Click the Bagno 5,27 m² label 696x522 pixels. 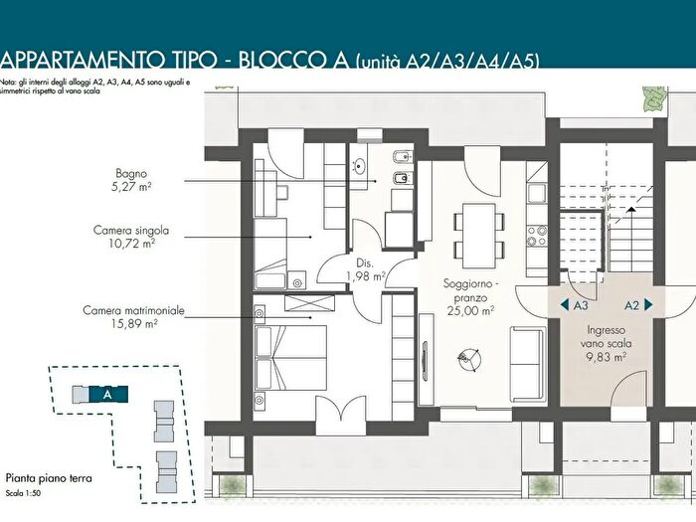click(131, 180)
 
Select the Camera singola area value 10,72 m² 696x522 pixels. click(132, 244)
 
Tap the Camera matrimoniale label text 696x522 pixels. click(133, 310)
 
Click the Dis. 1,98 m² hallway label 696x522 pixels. click(365, 269)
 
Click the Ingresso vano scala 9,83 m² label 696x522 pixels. click(606, 343)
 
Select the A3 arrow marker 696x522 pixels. click(575, 305)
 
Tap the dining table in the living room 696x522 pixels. click(479, 236)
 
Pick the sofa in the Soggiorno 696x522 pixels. click(529, 365)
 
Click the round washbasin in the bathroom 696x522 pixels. click(359, 166)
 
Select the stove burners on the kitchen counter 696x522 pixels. click(537, 236)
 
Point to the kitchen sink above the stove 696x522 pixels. click(537, 193)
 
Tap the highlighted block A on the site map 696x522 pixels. click(108, 394)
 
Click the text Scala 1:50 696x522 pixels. click(23, 493)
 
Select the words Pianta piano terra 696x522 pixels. click(49, 478)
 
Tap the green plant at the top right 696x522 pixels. click(654, 99)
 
